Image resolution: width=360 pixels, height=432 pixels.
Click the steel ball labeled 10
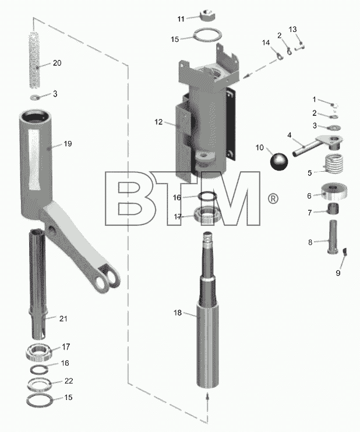click(x=279, y=162)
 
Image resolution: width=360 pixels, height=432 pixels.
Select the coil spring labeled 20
click(x=35, y=60)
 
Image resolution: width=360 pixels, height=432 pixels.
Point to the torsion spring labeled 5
click(x=333, y=163)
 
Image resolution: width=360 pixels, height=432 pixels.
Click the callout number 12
click(x=158, y=122)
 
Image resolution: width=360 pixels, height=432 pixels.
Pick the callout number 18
click(x=178, y=313)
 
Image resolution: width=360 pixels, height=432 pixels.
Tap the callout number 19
click(x=68, y=144)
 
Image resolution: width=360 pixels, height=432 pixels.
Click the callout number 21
click(x=63, y=318)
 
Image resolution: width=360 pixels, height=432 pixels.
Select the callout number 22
click(x=69, y=381)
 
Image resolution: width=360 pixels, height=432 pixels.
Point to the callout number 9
click(x=338, y=272)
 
